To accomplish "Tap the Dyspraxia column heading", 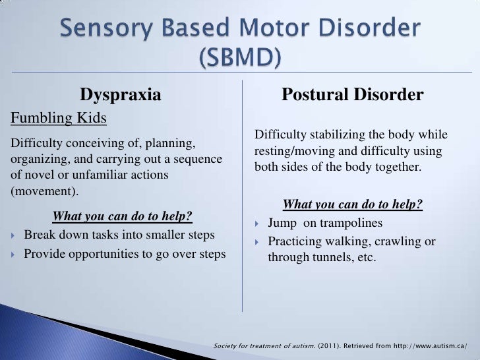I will coord(121,95).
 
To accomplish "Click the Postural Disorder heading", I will coord(352,95).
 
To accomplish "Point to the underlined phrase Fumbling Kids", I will coord(57,118).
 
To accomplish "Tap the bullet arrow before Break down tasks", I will coord(15,235).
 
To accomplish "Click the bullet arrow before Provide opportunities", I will coord(15,255).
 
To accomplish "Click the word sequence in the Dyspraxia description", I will coord(197,159).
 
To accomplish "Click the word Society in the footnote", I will coord(228,346).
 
